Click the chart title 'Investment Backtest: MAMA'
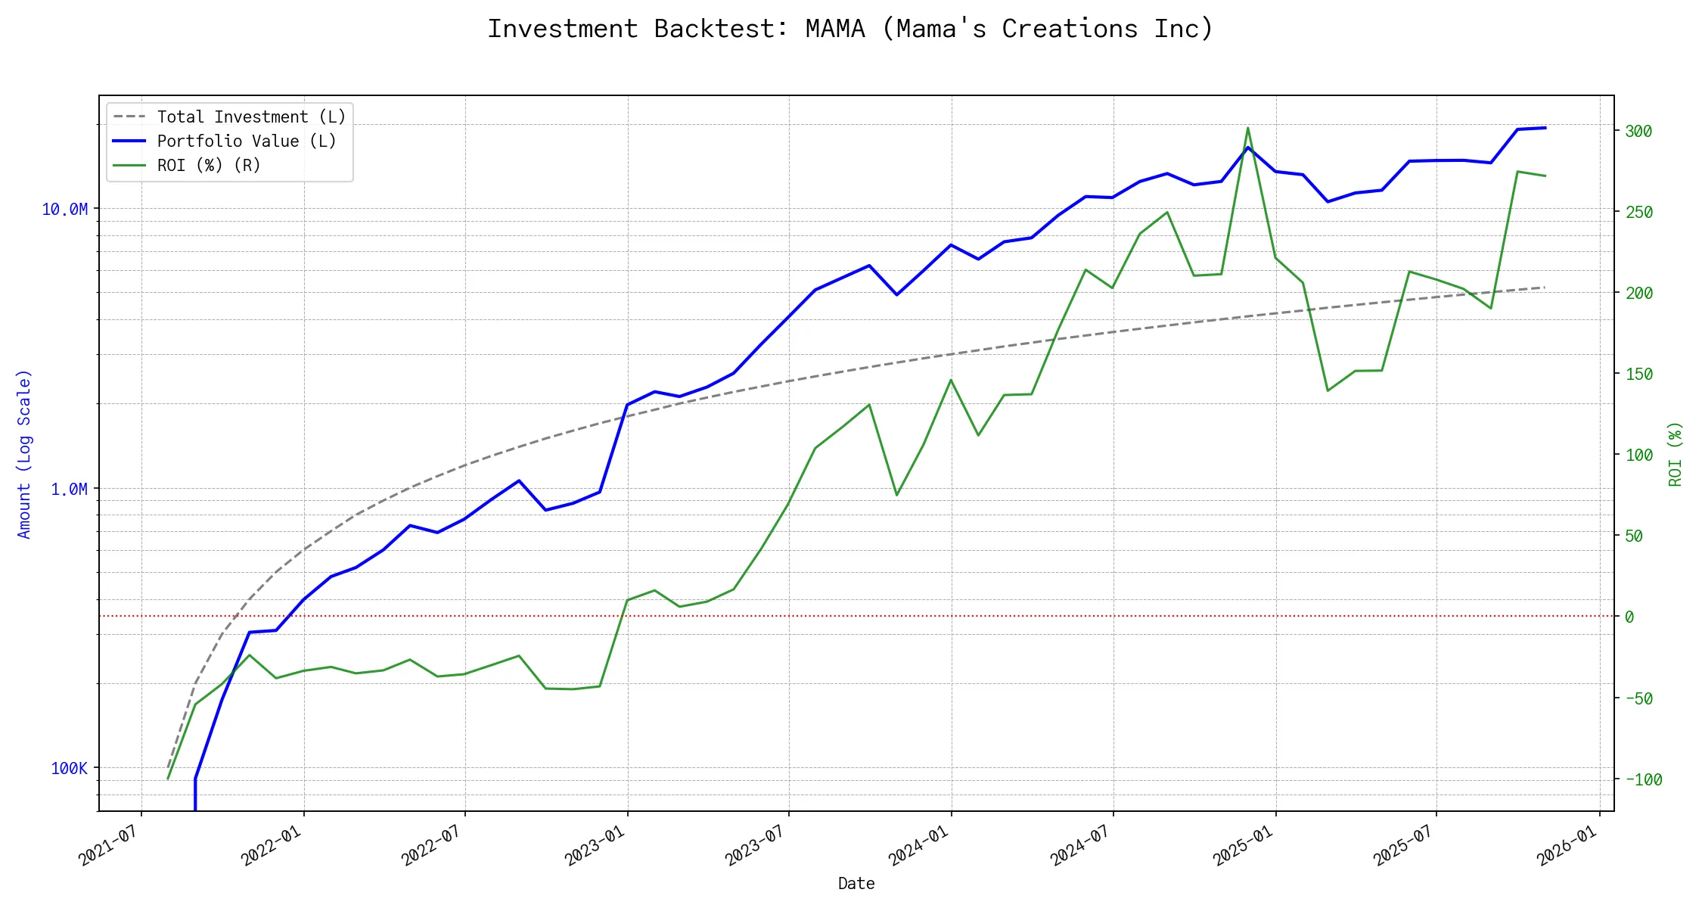[850, 29]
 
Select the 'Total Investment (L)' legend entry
[251, 117]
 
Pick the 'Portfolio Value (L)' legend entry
[247, 141]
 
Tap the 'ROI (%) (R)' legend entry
[209, 165]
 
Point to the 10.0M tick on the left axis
[65, 209]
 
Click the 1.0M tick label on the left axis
[69, 489]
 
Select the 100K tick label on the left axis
[69, 768]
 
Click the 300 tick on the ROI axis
[1638, 131]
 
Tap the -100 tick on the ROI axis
[1643, 779]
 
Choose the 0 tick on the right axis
[1629, 617]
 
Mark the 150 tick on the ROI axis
[1638, 374]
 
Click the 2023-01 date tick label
[595, 844]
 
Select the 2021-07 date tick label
[108, 844]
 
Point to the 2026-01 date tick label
[1567, 844]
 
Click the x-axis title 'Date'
[856, 884]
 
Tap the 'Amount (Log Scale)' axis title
[24, 454]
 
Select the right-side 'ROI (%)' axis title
[1676, 454]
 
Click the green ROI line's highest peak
[1248, 128]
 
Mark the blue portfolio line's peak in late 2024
[1248, 148]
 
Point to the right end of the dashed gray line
[1545, 288]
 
